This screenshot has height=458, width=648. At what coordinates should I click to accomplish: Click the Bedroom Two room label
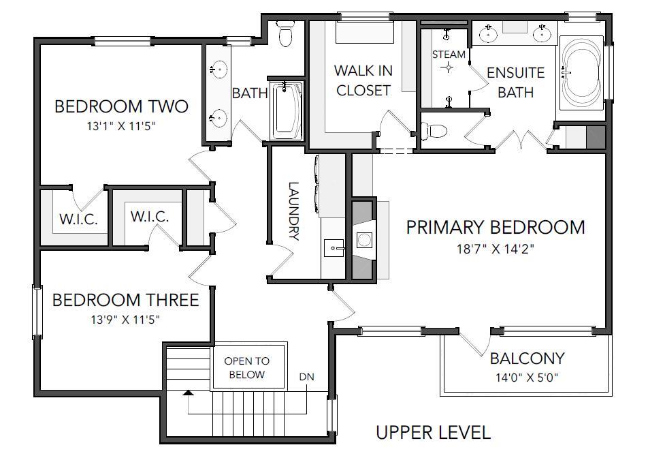point(121,106)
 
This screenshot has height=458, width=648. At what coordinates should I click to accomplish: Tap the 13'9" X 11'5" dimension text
point(126,320)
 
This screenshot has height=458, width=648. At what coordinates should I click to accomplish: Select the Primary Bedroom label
point(496,227)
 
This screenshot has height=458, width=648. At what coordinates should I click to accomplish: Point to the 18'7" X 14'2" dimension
point(496,249)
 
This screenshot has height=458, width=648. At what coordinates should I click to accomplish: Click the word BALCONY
point(527,358)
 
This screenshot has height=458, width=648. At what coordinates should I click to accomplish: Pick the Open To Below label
point(246,368)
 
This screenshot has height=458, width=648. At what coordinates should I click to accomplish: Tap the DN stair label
point(306,377)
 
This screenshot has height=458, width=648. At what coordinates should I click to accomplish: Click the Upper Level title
point(434,432)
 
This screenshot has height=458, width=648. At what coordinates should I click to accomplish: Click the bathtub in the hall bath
point(287,110)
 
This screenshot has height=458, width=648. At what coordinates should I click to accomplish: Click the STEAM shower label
point(449,55)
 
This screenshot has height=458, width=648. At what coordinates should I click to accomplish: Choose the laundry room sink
point(334,248)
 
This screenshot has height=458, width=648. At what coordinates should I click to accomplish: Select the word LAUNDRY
point(293,211)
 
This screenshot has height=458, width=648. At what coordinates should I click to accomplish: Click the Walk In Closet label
point(363,80)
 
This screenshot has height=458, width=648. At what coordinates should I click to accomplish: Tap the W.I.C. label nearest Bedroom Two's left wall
point(78,219)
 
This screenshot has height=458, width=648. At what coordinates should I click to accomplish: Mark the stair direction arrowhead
point(188,392)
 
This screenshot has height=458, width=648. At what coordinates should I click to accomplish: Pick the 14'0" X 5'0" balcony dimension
point(527,378)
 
